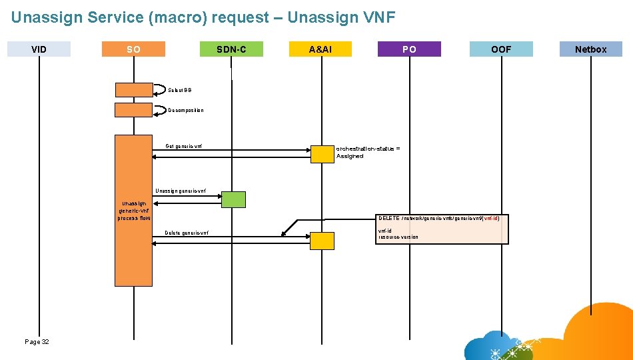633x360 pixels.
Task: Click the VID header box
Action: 39,49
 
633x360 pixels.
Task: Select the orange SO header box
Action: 133,49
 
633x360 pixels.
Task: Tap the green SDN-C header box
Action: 231,49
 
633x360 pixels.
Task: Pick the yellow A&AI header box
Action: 320,49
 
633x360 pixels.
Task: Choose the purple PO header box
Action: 409,49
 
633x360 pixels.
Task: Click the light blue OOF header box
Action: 501,49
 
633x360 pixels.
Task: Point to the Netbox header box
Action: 590,49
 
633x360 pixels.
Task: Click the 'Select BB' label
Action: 179,90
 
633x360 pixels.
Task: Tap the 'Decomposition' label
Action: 186,110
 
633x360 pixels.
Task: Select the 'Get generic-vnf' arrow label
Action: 184,146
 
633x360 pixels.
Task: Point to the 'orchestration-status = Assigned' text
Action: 368,152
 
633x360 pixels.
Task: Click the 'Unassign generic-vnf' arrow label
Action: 181,191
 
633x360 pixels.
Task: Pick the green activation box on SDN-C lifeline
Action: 233,199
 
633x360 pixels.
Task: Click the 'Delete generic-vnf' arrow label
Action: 187,233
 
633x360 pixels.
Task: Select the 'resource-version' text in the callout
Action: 398,237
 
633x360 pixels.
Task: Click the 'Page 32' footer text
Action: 37,341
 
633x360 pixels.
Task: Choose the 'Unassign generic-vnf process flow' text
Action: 134,211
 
